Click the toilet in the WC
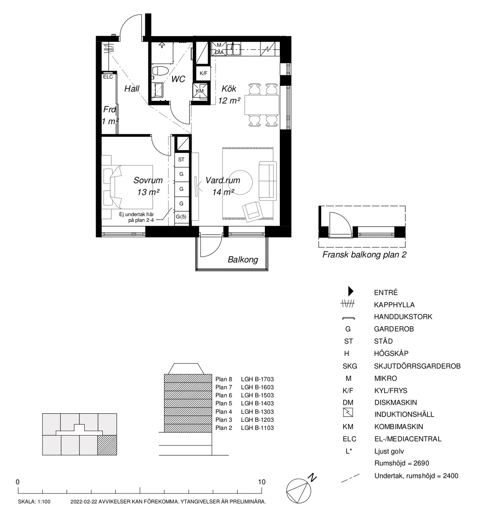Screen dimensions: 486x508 [x=160, y=71]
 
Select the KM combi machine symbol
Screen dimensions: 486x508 [x=200, y=91]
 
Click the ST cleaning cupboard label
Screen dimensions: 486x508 [x=181, y=159]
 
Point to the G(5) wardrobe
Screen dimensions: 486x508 [x=181, y=217]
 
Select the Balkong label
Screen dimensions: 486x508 [x=243, y=259]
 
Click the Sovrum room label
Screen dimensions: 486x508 [x=148, y=180]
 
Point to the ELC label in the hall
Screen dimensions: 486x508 [x=108, y=77]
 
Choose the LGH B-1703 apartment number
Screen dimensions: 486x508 [x=257, y=379]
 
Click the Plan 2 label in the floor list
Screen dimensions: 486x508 [x=224, y=428]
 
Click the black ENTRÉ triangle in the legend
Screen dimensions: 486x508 [x=351, y=291]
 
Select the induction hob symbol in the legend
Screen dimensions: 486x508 [x=348, y=412]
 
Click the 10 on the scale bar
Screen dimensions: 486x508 [x=262, y=482]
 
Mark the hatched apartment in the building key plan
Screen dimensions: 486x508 [x=107, y=445]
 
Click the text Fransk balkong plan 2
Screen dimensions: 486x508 [x=364, y=255]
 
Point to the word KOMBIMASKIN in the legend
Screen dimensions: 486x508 [x=399, y=427]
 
